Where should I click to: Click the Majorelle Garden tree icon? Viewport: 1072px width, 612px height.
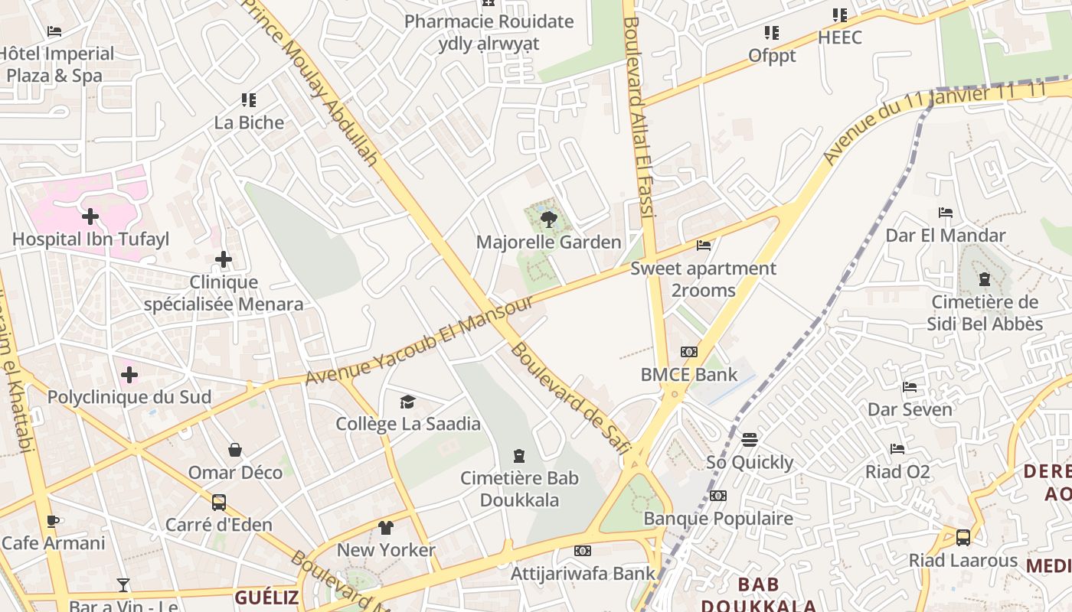[x=548, y=220]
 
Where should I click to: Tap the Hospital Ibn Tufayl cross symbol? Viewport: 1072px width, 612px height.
[x=90, y=216]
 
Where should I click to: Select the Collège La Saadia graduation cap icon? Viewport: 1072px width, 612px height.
[x=408, y=402]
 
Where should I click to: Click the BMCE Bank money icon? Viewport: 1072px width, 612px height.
[x=689, y=352]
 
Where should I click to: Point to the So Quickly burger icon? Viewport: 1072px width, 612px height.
[x=750, y=440]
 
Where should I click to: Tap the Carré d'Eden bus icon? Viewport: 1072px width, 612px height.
[x=219, y=503]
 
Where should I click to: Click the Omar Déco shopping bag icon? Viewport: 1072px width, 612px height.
[x=235, y=450]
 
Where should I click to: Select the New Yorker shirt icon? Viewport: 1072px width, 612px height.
[x=386, y=528]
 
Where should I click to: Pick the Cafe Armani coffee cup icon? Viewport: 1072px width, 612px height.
[x=52, y=521]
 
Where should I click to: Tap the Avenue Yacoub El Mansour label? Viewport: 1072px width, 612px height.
[x=420, y=340]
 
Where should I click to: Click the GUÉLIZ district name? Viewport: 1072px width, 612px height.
[x=266, y=597]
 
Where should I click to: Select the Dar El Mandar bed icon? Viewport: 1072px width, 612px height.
[x=946, y=213]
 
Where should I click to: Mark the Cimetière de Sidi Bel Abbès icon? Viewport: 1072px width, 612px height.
[x=985, y=279]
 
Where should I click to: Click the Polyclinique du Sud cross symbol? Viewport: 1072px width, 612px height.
[x=129, y=375]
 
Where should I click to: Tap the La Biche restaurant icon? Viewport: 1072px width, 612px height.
[x=248, y=100]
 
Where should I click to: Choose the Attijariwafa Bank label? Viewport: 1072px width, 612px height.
[x=583, y=573]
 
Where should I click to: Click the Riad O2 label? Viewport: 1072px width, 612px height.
[x=897, y=471]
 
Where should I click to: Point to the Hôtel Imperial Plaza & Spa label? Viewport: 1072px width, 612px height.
[x=57, y=64]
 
